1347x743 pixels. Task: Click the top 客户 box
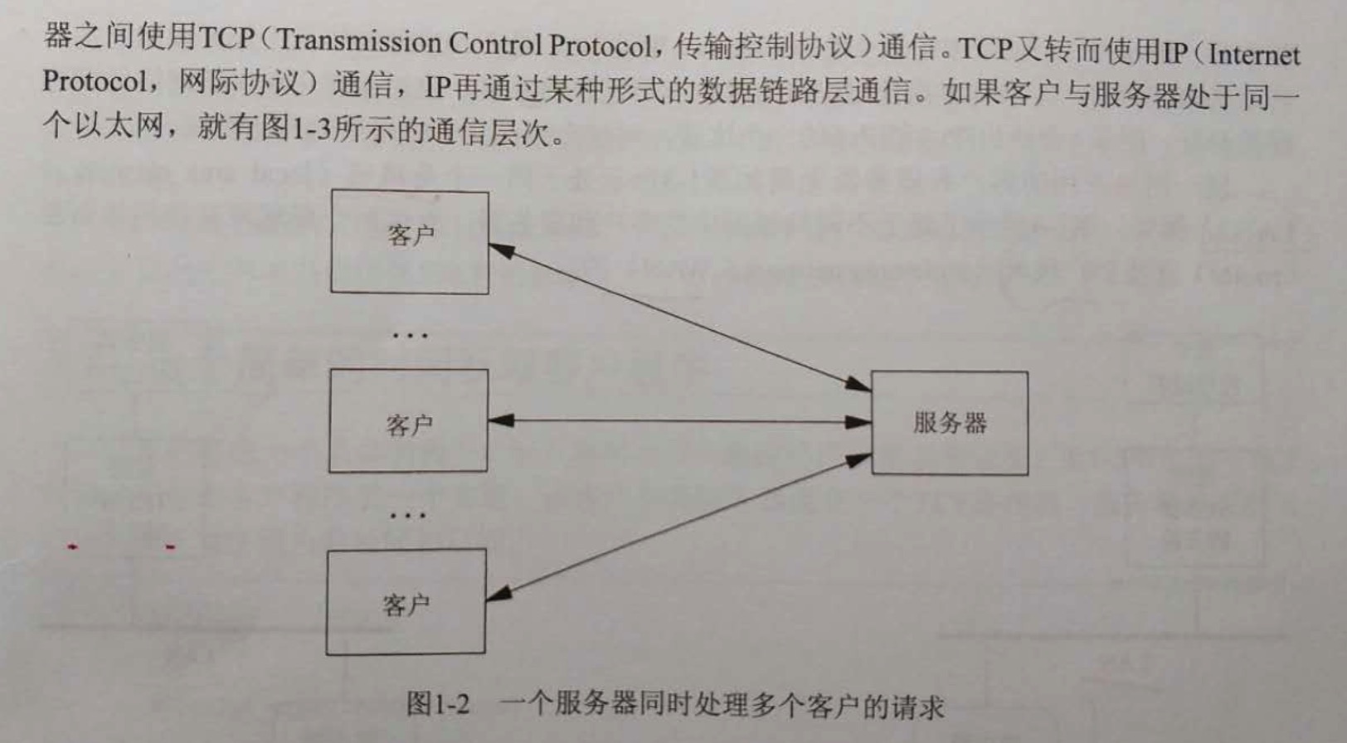(409, 241)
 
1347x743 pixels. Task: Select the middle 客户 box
(408, 421)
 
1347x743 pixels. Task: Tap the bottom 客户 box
(406, 602)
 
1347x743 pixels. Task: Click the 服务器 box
(950, 423)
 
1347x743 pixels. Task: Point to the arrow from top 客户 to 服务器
(680, 316)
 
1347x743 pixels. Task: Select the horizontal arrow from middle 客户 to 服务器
(680, 421)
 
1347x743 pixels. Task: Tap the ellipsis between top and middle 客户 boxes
(410, 336)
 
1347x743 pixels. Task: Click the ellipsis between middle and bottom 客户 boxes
(407, 515)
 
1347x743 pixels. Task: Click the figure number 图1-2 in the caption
(438, 704)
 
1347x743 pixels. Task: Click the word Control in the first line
(495, 43)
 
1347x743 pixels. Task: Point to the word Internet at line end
(1254, 55)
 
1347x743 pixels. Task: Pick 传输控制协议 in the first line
(763, 46)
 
